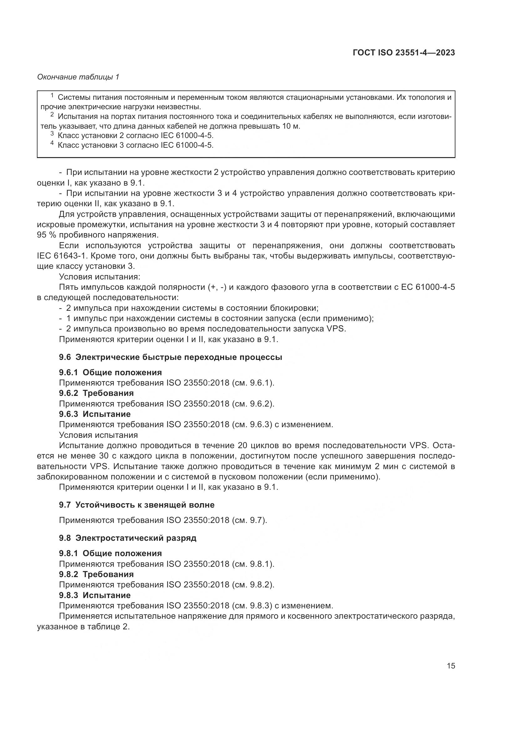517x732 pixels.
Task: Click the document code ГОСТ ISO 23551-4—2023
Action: point(404,53)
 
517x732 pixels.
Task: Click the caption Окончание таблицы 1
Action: point(78,77)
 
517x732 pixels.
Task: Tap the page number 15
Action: point(451,666)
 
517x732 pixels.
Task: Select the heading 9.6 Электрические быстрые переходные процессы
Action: point(170,357)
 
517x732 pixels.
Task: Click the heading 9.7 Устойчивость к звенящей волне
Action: point(137,505)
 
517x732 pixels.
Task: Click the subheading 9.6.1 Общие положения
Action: point(110,372)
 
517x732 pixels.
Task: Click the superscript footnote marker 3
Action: point(52,134)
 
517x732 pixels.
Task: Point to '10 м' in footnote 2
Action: point(291,126)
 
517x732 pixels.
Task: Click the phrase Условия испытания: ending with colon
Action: point(100,277)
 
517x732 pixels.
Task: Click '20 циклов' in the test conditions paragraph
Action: point(259,445)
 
